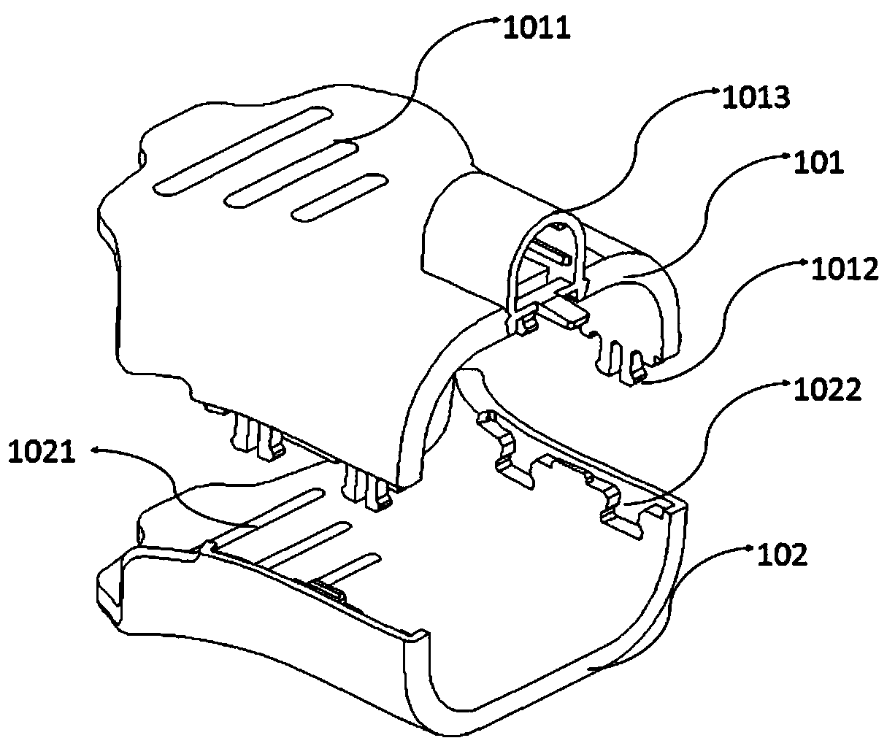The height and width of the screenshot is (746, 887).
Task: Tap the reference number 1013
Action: [756, 97]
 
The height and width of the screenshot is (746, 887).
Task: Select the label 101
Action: [818, 163]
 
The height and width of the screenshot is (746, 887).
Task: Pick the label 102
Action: [783, 554]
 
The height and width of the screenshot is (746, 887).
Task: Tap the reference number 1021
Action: [42, 452]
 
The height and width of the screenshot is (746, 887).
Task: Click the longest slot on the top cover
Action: [242, 151]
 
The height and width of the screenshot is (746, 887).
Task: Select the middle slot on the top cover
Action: [292, 175]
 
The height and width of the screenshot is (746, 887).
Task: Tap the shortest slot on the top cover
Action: [339, 197]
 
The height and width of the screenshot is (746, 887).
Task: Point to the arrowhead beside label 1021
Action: [96, 450]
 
